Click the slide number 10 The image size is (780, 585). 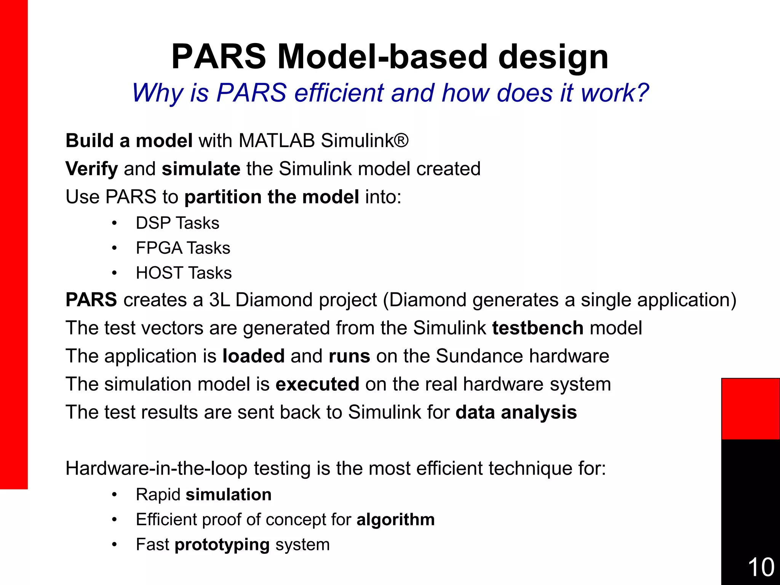tap(761, 567)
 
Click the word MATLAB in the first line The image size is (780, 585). tap(277, 141)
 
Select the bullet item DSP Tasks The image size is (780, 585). tap(177, 223)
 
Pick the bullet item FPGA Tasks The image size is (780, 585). tap(183, 248)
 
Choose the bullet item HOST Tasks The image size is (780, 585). tap(184, 273)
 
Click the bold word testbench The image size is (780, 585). tap(537, 328)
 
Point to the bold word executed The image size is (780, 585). tap(317, 384)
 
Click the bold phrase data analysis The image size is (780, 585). tap(516, 412)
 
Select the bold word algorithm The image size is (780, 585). tap(395, 520)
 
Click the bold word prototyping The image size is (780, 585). tap(222, 545)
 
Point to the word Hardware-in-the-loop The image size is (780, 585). tap(156, 468)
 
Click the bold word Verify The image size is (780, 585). tap(91, 169)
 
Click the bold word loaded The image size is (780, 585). tap(253, 356)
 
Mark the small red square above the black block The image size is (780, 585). tap(750, 409)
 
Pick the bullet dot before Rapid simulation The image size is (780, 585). tap(114, 495)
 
